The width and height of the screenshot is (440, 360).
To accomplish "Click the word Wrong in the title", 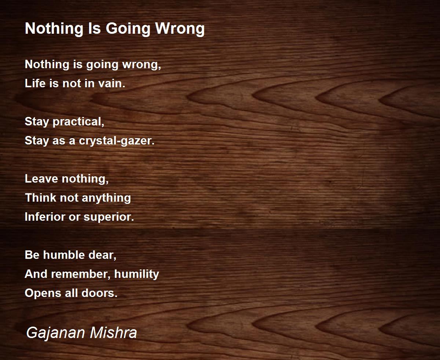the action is click(180, 29).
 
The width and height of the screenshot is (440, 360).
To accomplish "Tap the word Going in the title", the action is click(128, 29).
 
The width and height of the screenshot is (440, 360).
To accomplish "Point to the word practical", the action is click(78, 122).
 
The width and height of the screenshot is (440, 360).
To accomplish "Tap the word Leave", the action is click(41, 179).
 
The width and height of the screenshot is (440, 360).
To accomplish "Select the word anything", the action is click(106, 198).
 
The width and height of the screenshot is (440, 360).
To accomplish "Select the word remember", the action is click(81, 274).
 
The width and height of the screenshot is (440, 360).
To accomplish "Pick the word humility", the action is click(137, 274).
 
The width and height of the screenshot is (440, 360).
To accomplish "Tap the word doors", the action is click(99, 293).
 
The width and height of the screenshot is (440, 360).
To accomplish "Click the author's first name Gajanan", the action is click(55, 333).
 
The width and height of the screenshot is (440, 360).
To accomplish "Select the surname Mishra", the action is click(114, 333).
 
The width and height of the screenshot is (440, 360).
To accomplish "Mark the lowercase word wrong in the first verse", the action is click(142, 65).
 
